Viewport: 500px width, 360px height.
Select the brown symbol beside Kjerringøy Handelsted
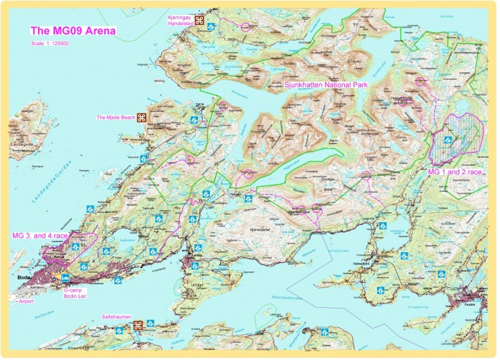pyautogui.click(x=201, y=21)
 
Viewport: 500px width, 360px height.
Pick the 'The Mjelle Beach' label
pyautogui.click(x=116, y=117)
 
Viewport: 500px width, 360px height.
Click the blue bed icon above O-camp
pyautogui.click(x=66, y=277)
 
